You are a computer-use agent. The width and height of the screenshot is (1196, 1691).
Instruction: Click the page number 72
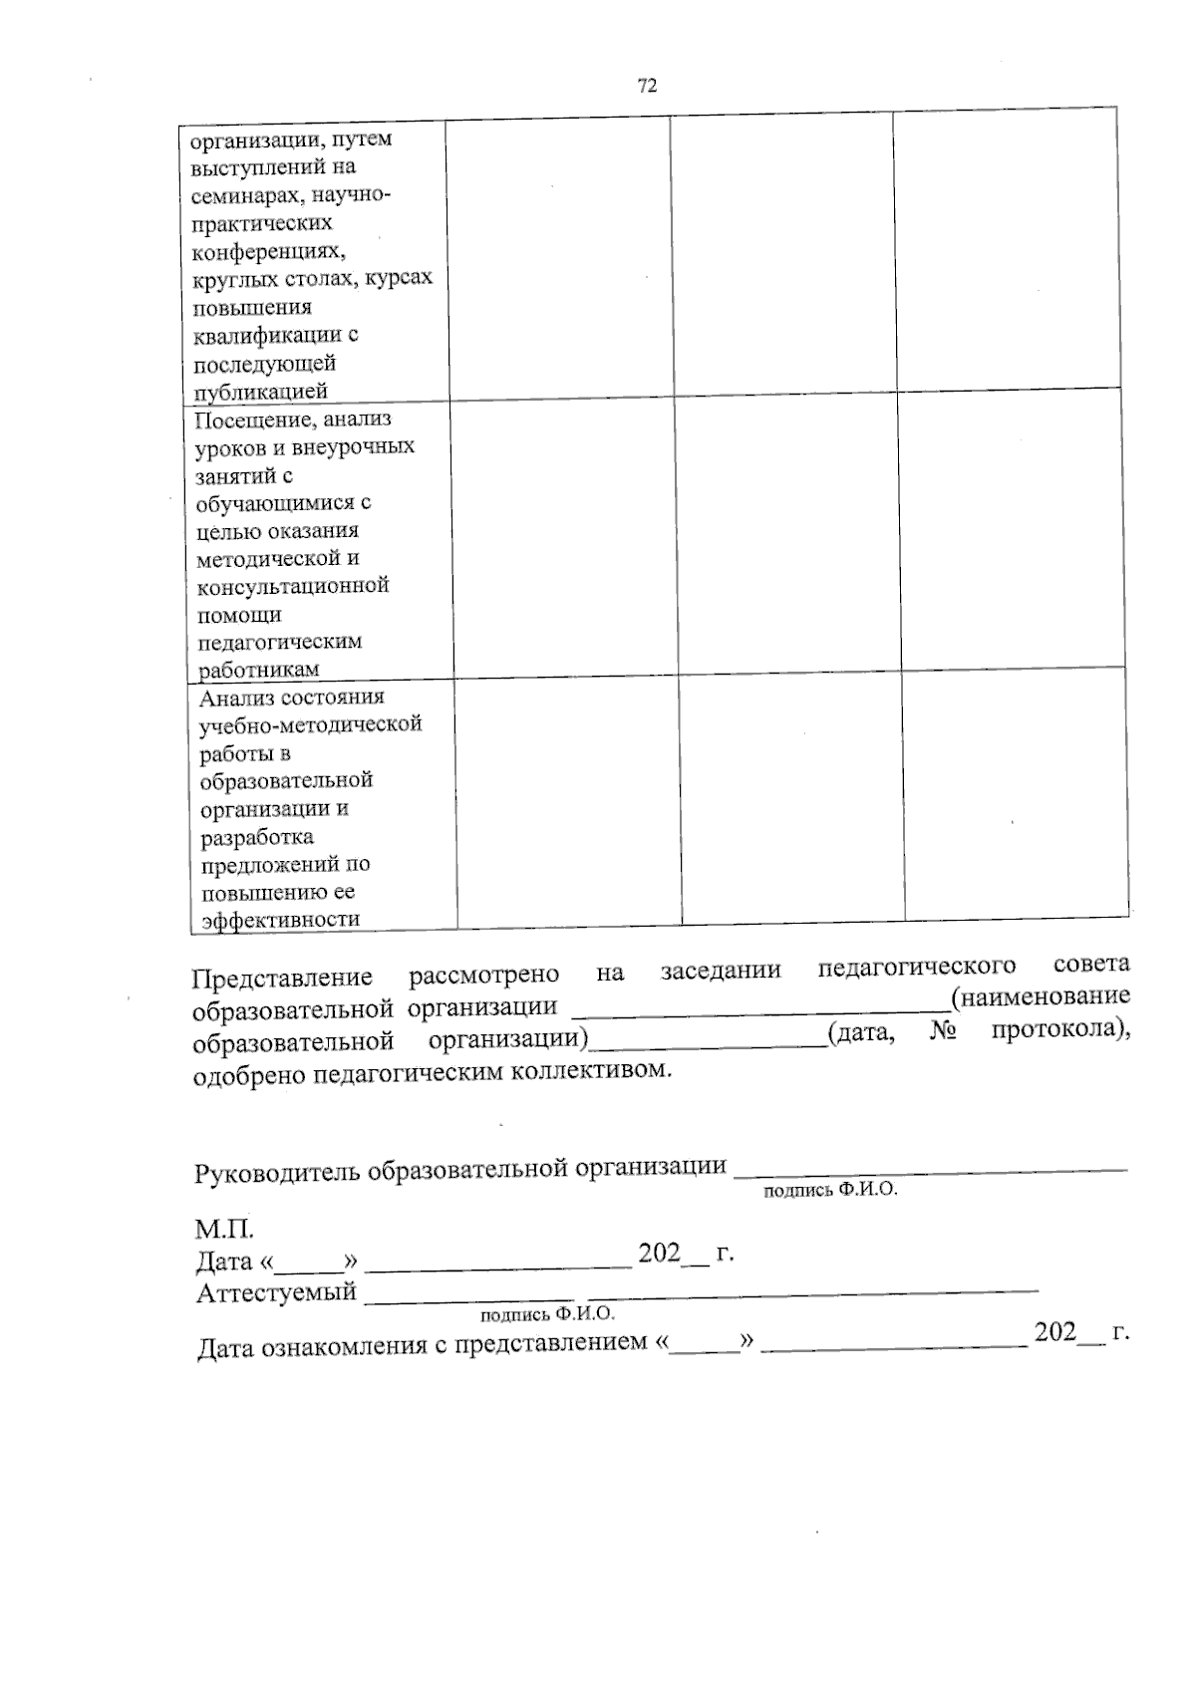click(647, 86)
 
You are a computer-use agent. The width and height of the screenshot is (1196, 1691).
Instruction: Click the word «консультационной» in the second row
click(292, 586)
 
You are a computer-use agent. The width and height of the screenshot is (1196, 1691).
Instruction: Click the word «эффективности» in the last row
click(280, 919)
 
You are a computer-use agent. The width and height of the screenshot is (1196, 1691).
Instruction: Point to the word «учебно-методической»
click(310, 724)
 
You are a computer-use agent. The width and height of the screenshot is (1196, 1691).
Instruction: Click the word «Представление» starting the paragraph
click(282, 978)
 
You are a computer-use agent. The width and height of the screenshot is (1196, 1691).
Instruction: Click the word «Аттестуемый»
click(276, 1293)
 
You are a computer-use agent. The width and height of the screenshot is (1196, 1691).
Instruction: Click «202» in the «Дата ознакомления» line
click(1054, 1332)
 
